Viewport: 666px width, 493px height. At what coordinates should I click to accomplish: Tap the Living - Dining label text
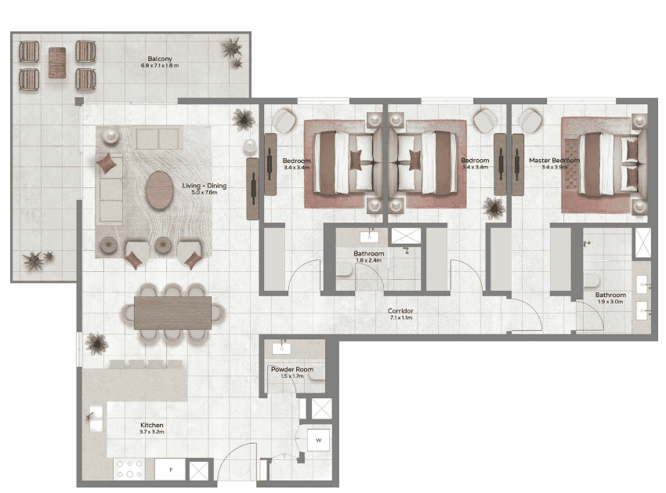tap(204, 187)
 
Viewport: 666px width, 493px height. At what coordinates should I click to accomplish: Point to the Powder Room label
tap(292, 369)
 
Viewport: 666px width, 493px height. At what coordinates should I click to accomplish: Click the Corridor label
tap(400, 311)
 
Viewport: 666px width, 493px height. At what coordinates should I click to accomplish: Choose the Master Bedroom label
tap(554, 161)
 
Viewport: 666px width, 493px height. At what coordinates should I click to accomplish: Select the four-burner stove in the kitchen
tap(130, 469)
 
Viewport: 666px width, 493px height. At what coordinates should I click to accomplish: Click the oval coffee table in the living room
tap(161, 189)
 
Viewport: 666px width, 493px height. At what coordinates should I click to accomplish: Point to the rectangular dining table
tap(173, 312)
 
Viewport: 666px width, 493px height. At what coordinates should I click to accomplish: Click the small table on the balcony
tap(57, 63)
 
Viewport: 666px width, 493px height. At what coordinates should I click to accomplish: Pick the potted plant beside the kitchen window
tap(96, 343)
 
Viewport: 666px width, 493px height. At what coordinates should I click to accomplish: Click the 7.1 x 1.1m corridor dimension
tap(400, 319)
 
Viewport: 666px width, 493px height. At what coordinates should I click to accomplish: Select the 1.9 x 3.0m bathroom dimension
tap(610, 302)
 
